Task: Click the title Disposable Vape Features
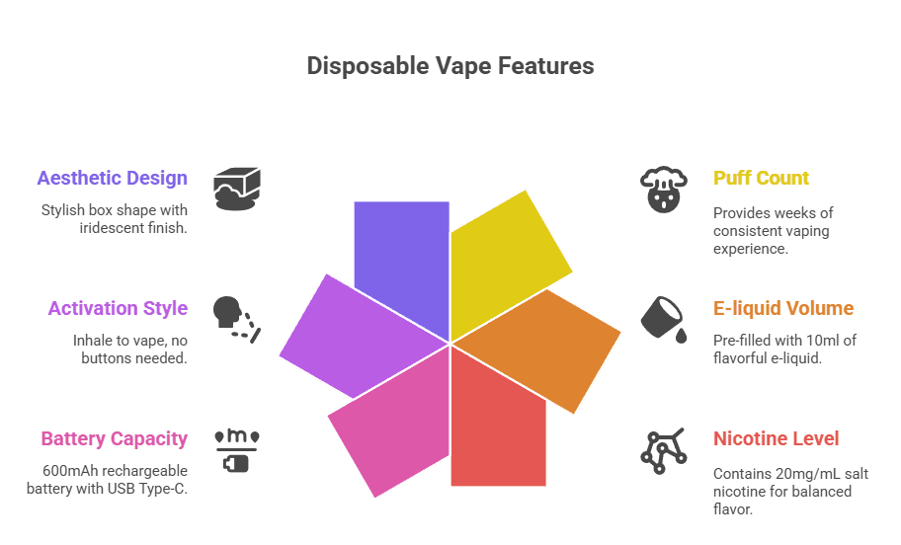(450, 66)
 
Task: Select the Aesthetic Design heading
(112, 179)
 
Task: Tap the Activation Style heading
(118, 308)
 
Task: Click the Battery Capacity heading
(114, 438)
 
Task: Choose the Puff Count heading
(761, 179)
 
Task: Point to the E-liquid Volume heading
(783, 308)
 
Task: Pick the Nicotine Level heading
(777, 438)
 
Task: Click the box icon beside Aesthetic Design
(239, 188)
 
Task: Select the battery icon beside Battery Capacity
(237, 449)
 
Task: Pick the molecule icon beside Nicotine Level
(664, 449)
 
